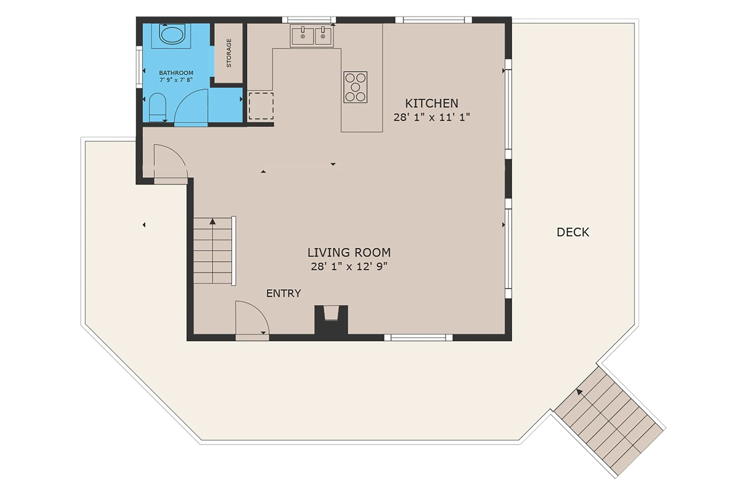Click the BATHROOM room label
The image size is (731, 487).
click(176, 73)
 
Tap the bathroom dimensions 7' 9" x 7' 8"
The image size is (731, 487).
click(176, 80)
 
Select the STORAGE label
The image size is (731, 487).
click(229, 53)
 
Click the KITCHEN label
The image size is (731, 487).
click(431, 103)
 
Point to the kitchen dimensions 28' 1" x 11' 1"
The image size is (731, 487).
click(431, 117)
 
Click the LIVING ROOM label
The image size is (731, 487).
click(349, 252)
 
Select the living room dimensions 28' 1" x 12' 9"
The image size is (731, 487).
click(349, 266)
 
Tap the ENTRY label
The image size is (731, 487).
click(284, 293)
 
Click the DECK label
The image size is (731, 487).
click(573, 232)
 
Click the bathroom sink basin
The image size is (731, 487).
click(172, 35)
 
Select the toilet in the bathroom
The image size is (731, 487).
click(157, 107)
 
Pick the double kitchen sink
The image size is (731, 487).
click(311, 36)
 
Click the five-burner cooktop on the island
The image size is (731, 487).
click(355, 87)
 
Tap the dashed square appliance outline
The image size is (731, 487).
click(261, 106)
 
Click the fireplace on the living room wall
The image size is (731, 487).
click(331, 320)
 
